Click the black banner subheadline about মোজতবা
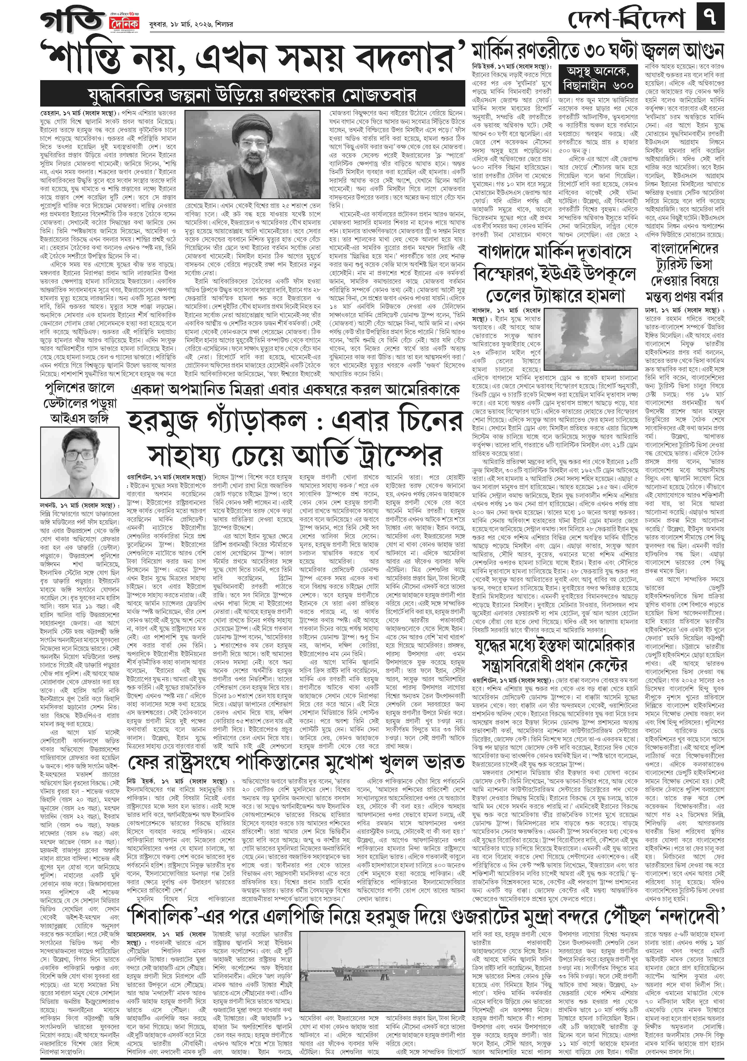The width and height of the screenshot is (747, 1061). (252, 95)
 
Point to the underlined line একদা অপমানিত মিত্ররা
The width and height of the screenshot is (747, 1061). (296, 389)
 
